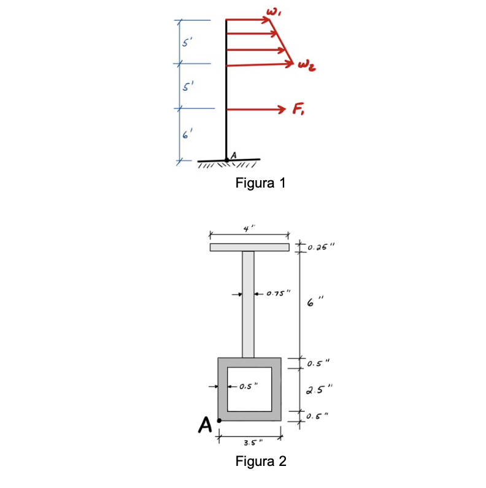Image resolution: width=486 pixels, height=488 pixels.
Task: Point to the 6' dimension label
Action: (x=185, y=135)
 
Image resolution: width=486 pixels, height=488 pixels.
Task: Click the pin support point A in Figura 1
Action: (x=227, y=160)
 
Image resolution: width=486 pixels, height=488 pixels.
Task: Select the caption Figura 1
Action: (x=261, y=183)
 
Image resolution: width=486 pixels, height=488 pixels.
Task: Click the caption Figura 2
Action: (x=261, y=461)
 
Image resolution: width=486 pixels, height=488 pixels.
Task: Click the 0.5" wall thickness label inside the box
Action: (x=248, y=386)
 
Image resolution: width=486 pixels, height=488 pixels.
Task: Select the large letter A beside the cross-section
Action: (x=206, y=425)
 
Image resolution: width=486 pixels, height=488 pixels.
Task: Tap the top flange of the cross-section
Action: (x=249, y=248)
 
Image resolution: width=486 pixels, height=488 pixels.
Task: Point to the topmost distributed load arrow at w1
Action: (x=249, y=20)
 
